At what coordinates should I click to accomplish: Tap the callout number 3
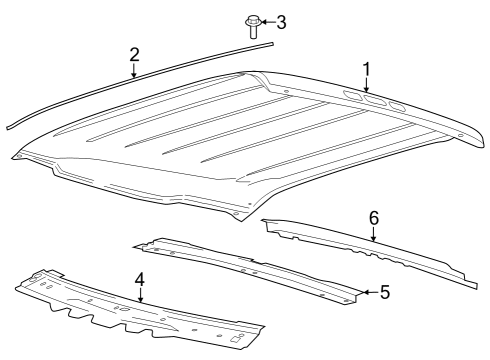281,22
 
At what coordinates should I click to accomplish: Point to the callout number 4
140,280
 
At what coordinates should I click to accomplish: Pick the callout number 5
384,292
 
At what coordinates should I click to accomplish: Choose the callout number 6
373,217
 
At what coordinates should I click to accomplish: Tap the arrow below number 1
367,86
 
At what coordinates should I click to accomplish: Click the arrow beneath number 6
373,234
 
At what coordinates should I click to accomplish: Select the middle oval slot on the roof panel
374,100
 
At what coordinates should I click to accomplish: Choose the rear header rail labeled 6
370,250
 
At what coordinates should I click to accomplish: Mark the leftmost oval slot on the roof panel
351,96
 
